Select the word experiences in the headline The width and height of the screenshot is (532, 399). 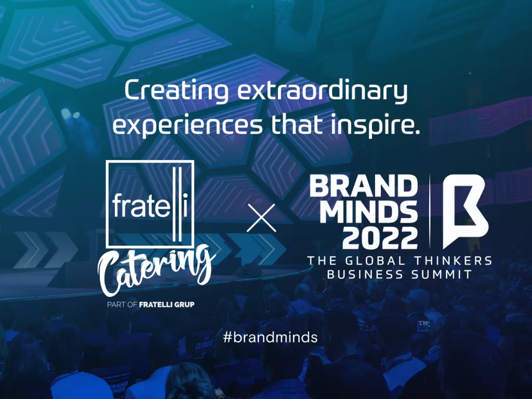pyautogui.click(x=188, y=125)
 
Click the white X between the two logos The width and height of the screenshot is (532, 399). pyautogui.click(x=261, y=218)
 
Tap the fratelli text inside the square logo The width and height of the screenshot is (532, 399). pyautogui.click(x=150, y=205)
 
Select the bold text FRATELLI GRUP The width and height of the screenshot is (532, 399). pyautogui.click(x=167, y=304)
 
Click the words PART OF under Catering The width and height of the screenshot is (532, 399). pyautogui.click(x=122, y=304)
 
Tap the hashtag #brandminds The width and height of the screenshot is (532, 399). pyautogui.click(x=270, y=337)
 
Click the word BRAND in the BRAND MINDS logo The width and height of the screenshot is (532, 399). pyautogui.click(x=363, y=186)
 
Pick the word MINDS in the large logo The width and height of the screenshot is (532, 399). pyautogui.click(x=368, y=212)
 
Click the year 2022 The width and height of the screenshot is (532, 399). pyautogui.click(x=380, y=238)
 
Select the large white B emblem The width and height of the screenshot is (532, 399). pyautogui.click(x=465, y=211)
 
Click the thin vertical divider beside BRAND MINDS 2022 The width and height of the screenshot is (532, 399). pyautogui.click(x=430, y=211)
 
